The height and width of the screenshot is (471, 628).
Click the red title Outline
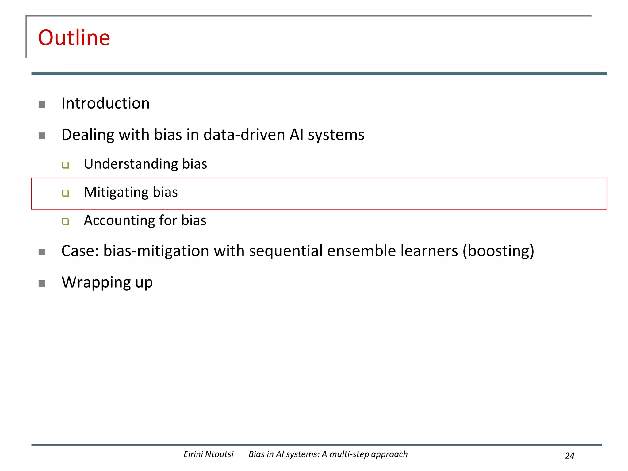pos(74,38)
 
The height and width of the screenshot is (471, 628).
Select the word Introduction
pos(105,103)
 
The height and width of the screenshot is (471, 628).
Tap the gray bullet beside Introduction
pos(42,105)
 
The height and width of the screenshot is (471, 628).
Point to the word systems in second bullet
pos(336,135)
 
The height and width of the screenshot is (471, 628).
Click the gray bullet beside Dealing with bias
pos(42,136)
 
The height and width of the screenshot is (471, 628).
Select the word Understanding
pos(131,164)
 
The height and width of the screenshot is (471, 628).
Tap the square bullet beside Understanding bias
pos(65,165)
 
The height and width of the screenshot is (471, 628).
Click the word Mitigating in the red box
pos(116,193)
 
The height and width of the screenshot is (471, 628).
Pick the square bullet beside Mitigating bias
pos(65,193)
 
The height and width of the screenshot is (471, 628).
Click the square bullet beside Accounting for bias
pos(65,221)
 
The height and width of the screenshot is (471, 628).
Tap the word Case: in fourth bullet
pos(80,251)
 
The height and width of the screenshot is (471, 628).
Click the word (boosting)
pos(498,251)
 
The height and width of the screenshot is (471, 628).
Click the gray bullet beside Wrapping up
pos(42,283)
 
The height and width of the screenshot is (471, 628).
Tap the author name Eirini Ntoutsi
pos(208,454)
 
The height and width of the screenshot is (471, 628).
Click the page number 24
pos(569,456)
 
